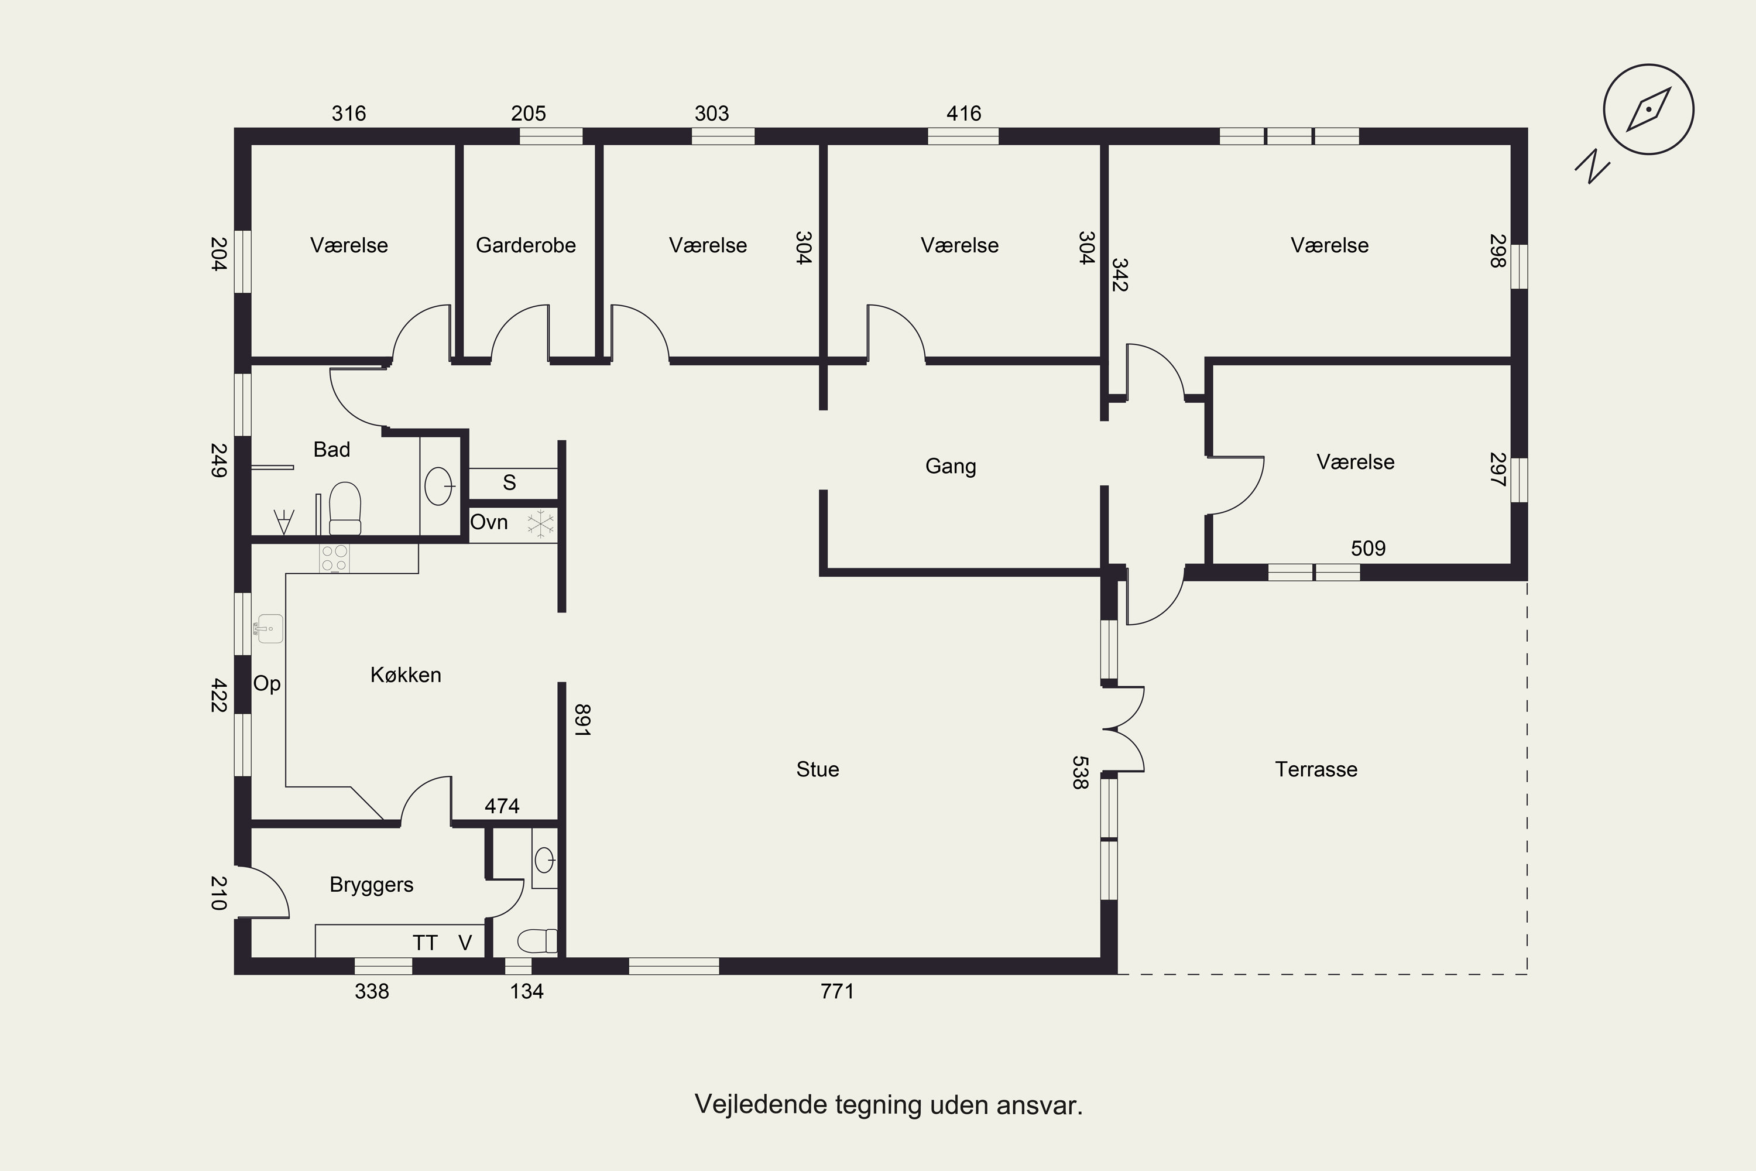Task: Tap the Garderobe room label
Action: tap(526, 246)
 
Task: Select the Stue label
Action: tap(818, 769)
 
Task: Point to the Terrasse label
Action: tap(1316, 769)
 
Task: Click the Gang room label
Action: tap(951, 467)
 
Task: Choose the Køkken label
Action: tap(406, 675)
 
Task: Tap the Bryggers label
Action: tap(371, 885)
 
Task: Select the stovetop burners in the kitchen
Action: tap(334, 559)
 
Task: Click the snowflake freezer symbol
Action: tap(540, 523)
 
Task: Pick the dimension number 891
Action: tap(582, 721)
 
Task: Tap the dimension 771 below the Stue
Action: tap(837, 992)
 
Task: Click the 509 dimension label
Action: tap(1368, 549)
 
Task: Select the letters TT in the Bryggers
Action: tap(425, 943)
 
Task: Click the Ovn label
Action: tap(489, 522)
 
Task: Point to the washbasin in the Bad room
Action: tap(439, 486)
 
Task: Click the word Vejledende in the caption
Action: tap(762, 1104)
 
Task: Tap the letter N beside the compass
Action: tap(1593, 166)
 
